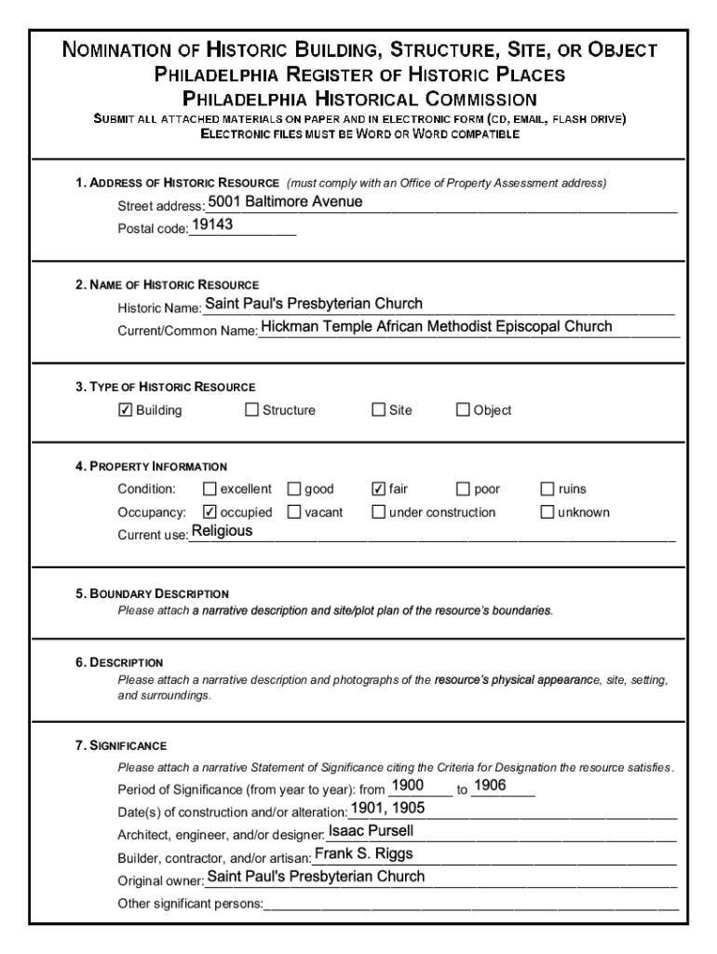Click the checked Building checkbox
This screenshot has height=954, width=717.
coord(126,410)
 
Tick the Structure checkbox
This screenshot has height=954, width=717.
coord(251,410)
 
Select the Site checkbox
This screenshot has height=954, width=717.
coord(379,410)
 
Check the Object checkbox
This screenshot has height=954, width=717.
coord(463,410)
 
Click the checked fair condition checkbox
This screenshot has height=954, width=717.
coord(379,489)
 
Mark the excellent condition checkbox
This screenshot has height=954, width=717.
coord(210,489)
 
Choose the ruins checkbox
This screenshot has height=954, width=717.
coord(548,489)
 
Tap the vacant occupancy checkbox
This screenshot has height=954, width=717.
coord(294,511)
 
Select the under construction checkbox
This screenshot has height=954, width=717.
coord(379,511)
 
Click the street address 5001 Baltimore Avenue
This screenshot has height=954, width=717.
coord(285,202)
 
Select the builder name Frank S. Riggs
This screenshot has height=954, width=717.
coord(363,853)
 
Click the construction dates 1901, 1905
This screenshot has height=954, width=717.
coord(387,808)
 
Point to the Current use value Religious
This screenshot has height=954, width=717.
coord(222,531)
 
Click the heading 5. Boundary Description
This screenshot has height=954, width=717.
coord(153,593)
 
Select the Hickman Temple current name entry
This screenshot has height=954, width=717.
coord(436,326)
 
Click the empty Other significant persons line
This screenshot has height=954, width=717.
coord(470,903)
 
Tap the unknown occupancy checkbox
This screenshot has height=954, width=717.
coord(548,511)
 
